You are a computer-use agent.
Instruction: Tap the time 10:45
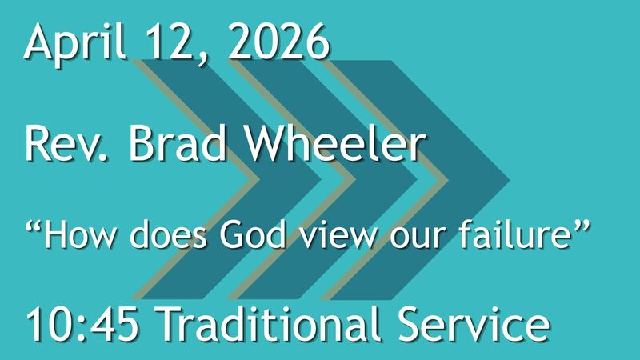pos(83,326)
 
